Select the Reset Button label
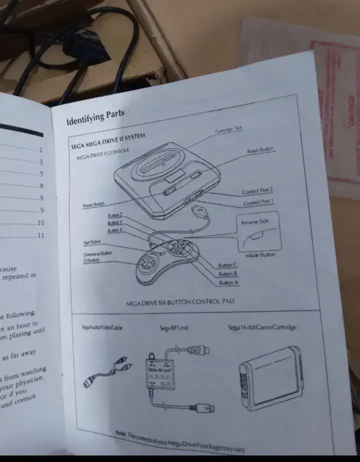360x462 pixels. pos(260,150)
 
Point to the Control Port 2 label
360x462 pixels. pos(257,191)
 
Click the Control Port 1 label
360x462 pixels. pos(258,203)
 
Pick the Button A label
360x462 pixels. pos(229,283)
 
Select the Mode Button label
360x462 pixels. pos(260,255)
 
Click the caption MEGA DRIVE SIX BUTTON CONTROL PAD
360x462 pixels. pos(180,302)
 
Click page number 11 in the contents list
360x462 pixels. pos(41,235)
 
